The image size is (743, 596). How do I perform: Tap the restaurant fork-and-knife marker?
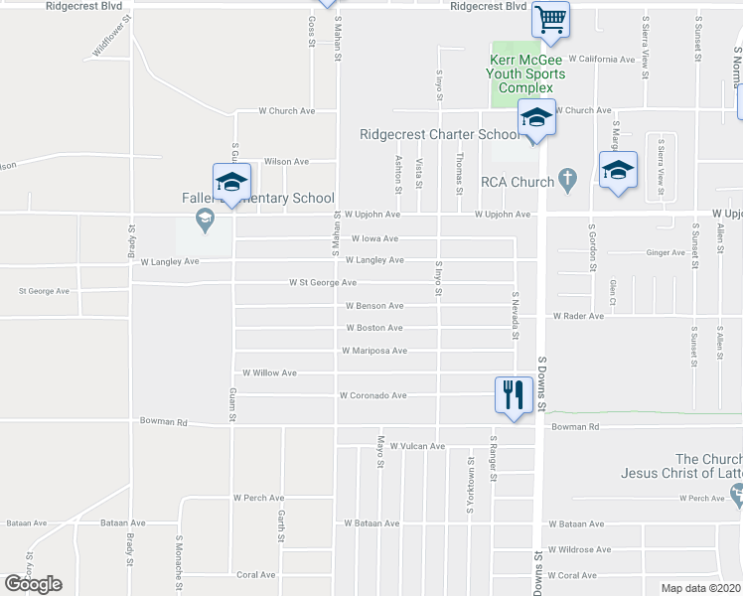pyautogui.click(x=512, y=395)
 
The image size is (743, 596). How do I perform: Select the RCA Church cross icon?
pyautogui.click(x=567, y=181)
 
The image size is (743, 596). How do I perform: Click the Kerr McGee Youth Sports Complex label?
pyautogui.click(x=526, y=74)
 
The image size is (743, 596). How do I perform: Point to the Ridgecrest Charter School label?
pyautogui.click(x=438, y=135)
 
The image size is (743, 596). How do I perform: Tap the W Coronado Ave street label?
pyautogui.click(x=372, y=395)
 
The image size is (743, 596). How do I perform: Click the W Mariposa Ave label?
pyautogui.click(x=373, y=351)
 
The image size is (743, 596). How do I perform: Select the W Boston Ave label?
pyautogui.click(x=373, y=328)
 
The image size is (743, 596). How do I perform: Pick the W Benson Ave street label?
pyautogui.click(x=373, y=306)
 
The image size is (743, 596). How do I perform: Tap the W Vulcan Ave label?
pyautogui.click(x=417, y=447)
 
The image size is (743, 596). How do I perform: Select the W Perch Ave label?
pyautogui.click(x=258, y=498)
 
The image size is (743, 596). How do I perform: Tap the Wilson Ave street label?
pyautogui.click(x=286, y=162)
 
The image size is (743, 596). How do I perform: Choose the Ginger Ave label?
pyautogui.click(x=666, y=253)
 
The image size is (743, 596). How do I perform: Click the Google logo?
pyautogui.click(x=34, y=584)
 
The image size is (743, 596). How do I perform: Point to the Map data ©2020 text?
pyautogui.click(x=700, y=588)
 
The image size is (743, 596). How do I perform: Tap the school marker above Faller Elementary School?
pyautogui.click(x=231, y=183)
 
